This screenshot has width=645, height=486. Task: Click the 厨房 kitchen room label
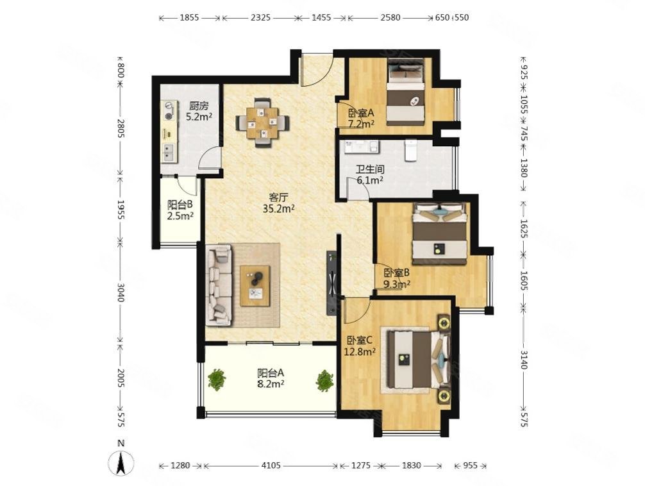(199, 106)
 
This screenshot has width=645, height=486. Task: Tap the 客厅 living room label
(278, 197)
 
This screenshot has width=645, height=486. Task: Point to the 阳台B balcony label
(180, 205)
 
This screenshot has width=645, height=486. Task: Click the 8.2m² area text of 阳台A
(271, 384)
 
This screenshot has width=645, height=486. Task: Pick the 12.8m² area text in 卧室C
(360, 351)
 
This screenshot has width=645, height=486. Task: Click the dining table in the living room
(262, 122)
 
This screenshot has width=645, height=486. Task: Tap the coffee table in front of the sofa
(255, 286)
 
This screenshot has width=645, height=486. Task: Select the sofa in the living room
(219, 285)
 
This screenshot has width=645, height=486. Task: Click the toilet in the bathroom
(411, 151)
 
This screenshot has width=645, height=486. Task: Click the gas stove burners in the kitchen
(169, 111)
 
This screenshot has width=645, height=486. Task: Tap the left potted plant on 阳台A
(217, 380)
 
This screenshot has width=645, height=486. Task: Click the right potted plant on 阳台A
(325, 381)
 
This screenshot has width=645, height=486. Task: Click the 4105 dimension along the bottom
(271, 465)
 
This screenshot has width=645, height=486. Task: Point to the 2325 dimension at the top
(260, 17)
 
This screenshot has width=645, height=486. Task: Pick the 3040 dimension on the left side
(120, 292)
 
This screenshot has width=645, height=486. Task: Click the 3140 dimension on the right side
(524, 359)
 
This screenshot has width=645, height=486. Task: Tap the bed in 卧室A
(406, 92)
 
